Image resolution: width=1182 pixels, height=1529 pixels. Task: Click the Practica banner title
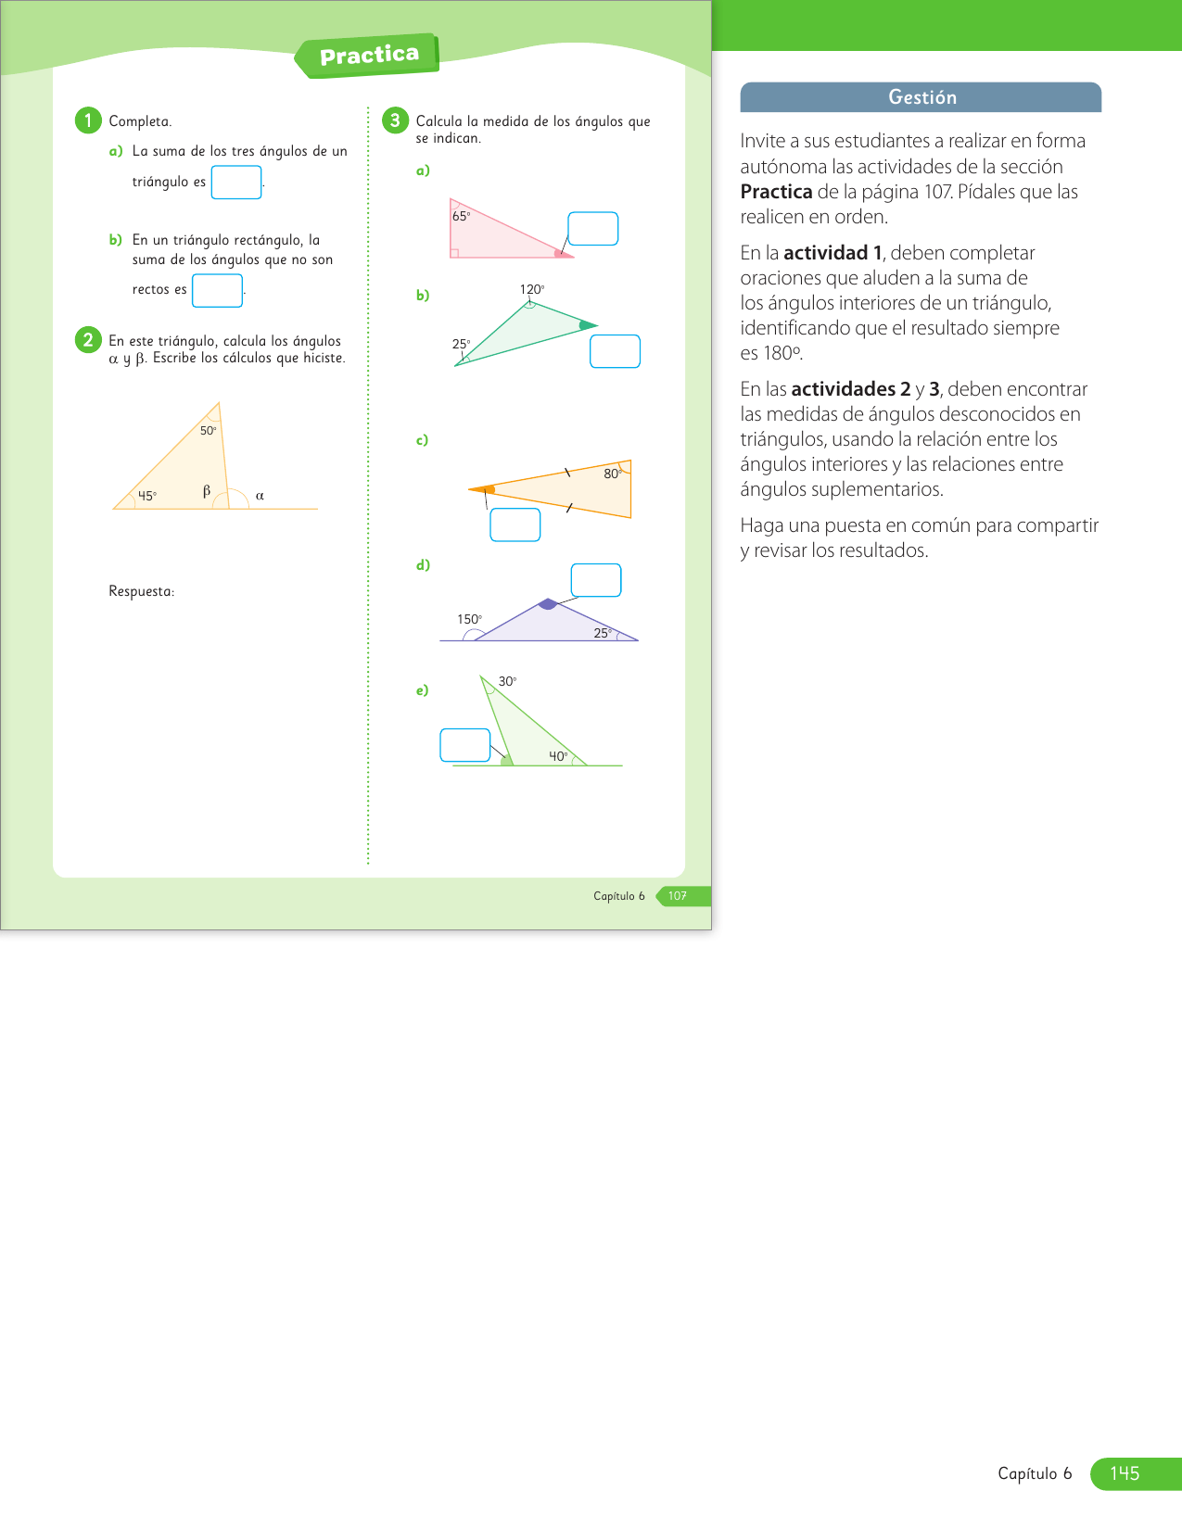point(369,56)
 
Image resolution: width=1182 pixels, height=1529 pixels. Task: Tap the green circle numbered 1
point(88,120)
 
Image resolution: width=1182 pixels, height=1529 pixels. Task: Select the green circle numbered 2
point(88,340)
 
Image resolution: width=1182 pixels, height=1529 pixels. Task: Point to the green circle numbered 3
point(395,120)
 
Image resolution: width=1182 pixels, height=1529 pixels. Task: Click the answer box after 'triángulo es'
point(236,182)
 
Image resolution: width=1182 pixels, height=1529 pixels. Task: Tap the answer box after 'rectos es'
point(217,290)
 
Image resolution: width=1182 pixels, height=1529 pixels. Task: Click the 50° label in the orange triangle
point(209,431)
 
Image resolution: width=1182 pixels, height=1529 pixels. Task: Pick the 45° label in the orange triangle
point(147,496)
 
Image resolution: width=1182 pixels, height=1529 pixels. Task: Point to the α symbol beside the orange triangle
point(260,496)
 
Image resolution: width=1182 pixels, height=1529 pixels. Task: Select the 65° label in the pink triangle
point(461,216)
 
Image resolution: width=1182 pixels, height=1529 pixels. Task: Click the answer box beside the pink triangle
point(592,229)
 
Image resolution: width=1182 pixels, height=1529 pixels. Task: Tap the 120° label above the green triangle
point(531,289)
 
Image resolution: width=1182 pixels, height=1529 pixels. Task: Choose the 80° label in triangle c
point(612,474)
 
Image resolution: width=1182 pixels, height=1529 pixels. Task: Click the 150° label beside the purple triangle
point(469,619)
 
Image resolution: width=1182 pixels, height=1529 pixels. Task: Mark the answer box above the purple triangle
point(596,580)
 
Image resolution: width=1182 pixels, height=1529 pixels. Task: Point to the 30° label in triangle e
point(507,681)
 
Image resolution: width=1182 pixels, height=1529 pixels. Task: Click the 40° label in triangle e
point(558,756)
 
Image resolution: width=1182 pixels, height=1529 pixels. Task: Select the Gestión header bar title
point(921,97)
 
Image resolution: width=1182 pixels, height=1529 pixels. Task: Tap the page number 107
point(678,896)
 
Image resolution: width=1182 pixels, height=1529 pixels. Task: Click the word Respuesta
point(141,591)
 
